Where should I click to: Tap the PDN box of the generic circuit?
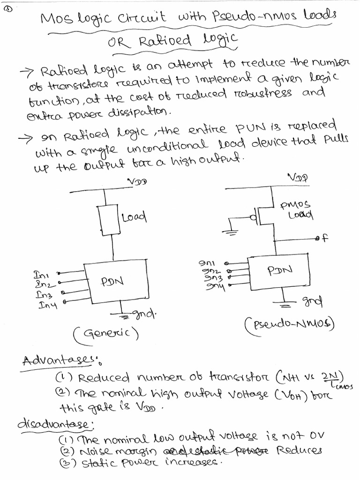[x=112, y=282]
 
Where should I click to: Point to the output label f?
[x=322, y=238]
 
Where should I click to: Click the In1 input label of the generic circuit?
[x=40, y=273]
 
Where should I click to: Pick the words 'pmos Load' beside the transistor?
[x=296, y=210]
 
